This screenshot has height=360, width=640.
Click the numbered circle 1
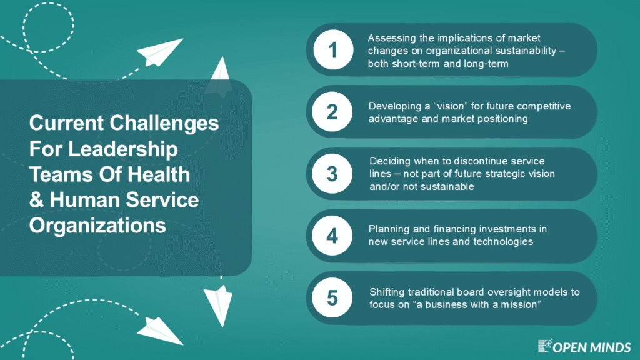pos(333,50)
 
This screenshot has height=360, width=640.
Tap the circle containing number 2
pos(332,112)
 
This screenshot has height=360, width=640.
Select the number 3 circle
pos(332,174)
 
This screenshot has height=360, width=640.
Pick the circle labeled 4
pos(332,236)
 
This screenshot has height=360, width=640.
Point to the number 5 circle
pos(332,298)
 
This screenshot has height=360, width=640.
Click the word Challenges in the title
pos(164,124)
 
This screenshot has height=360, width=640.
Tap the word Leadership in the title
pos(123,149)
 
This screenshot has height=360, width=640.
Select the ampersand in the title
pos(36,200)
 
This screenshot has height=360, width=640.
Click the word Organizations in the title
pos(97,226)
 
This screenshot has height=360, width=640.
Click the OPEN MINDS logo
pos(584,346)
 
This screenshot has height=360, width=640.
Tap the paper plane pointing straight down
pos(218,306)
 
